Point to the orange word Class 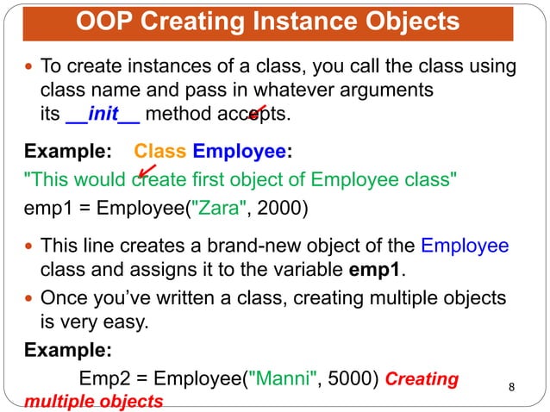point(160,153)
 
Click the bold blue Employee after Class point(239,153)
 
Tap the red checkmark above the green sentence point(147,172)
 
